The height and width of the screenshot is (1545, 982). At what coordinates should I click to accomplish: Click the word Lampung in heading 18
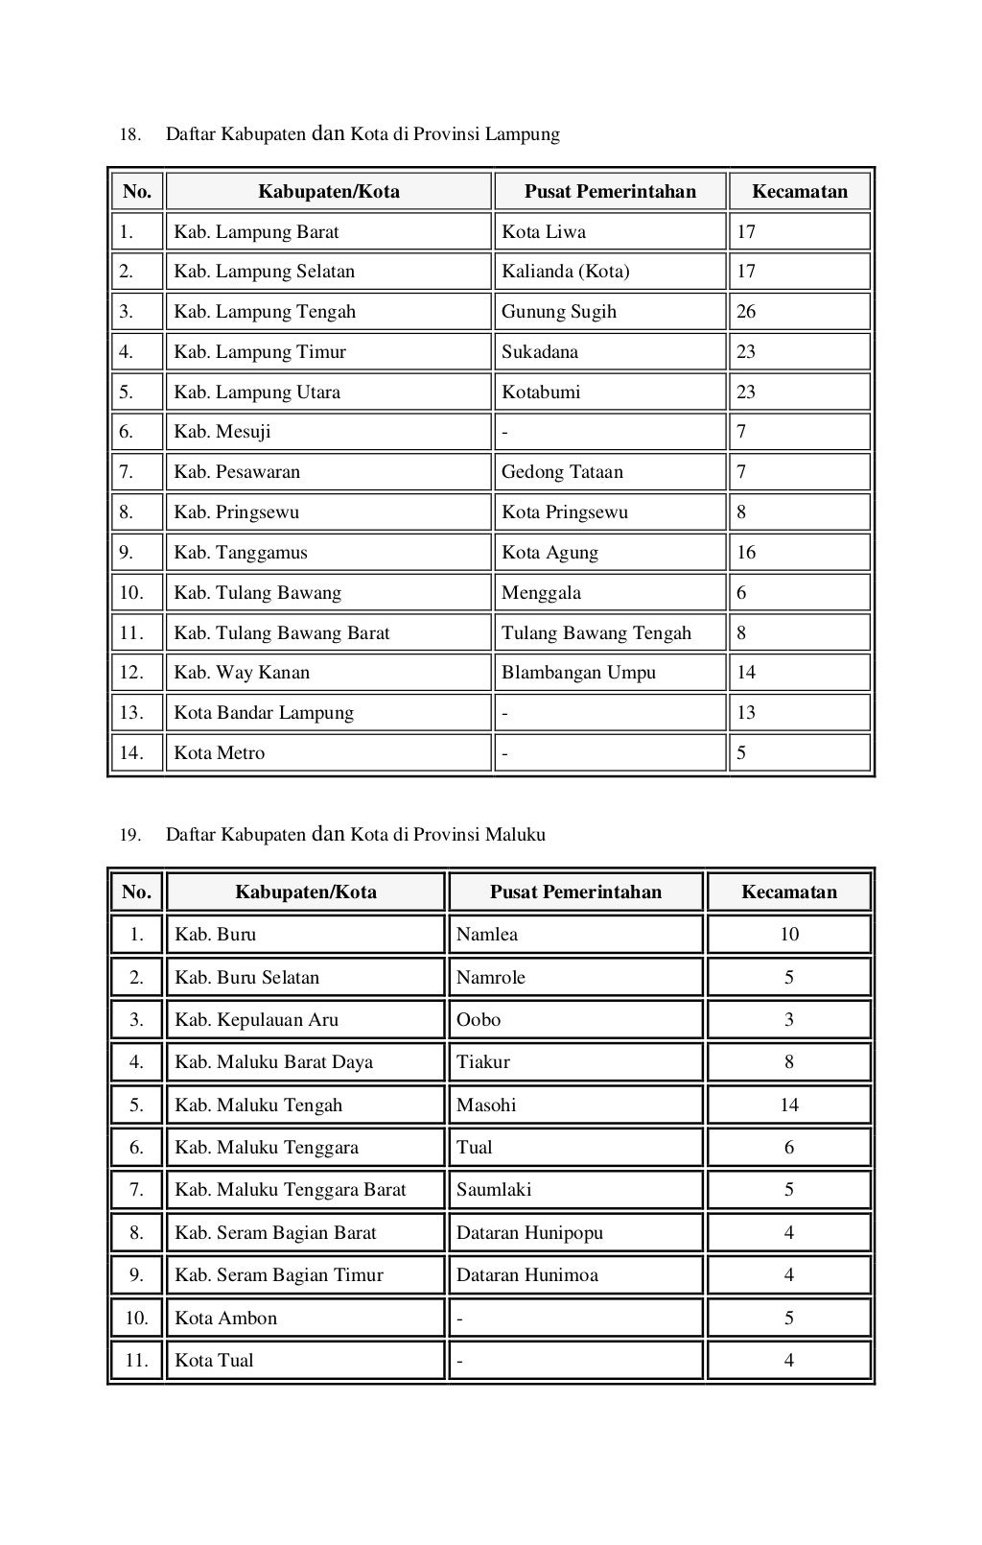click(522, 134)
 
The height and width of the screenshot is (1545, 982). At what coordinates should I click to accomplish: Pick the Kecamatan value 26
click(746, 312)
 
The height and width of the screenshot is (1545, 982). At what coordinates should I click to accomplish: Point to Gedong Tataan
click(562, 472)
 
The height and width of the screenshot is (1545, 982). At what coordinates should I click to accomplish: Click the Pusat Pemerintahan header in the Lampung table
click(610, 191)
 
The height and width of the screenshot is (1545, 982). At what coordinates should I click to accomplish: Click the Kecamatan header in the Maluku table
click(788, 891)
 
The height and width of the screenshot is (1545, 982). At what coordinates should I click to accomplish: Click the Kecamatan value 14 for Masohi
click(788, 1105)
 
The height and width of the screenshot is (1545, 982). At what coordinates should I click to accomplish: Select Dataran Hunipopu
click(529, 1233)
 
